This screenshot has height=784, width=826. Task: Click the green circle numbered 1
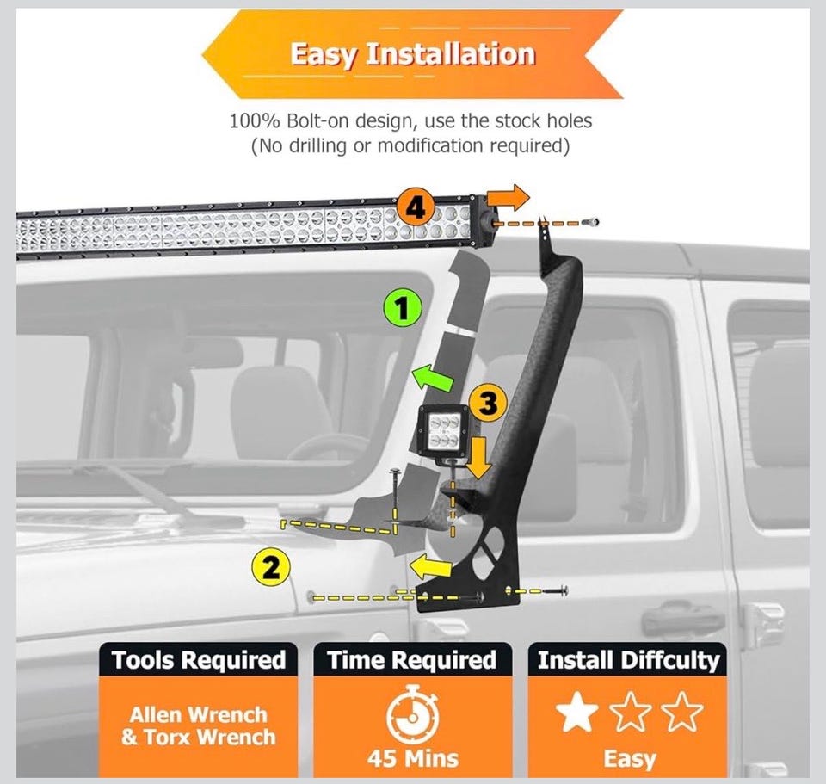(403, 308)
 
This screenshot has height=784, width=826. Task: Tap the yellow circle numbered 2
(270, 568)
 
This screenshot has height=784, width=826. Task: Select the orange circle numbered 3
(488, 404)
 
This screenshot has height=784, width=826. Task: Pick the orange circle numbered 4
(416, 208)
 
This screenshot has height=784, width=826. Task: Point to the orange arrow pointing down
(478, 457)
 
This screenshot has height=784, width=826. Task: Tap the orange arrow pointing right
(508, 198)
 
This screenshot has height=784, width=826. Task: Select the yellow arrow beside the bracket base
(430, 566)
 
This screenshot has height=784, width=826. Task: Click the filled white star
(576, 713)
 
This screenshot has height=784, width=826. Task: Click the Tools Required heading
(199, 660)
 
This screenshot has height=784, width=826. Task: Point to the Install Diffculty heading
(628, 660)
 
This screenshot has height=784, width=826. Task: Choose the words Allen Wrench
(199, 715)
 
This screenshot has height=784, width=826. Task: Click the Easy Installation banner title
(412, 53)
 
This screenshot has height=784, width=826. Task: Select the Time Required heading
(412, 660)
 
